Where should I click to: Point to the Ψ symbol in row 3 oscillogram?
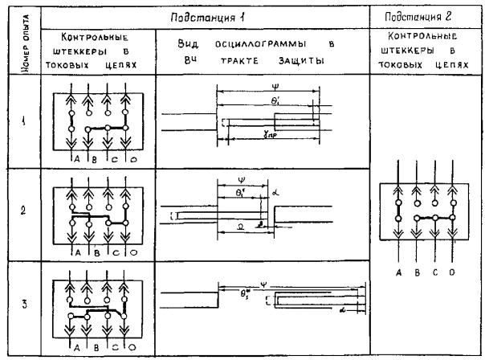(x=285, y=283)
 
